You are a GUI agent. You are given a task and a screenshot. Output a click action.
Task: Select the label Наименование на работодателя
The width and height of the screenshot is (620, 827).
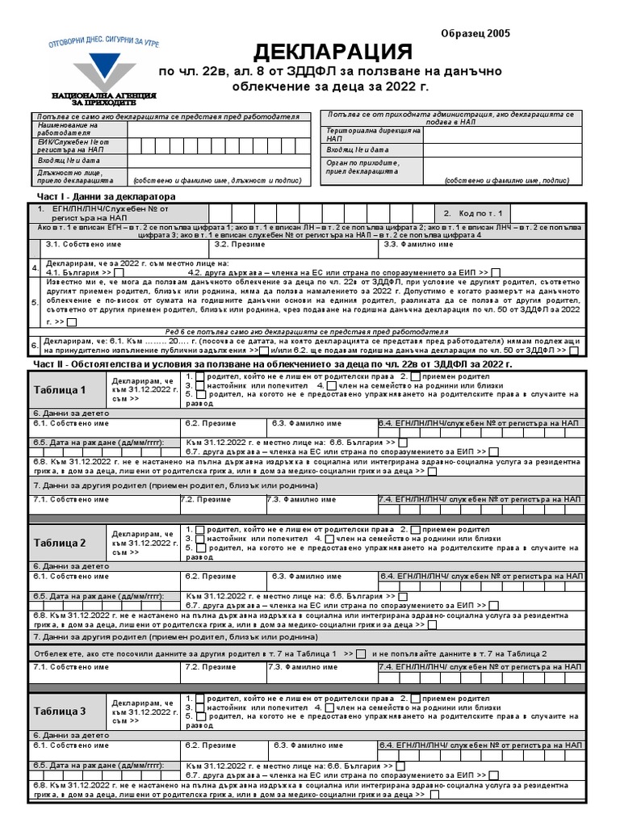(x=67, y=129)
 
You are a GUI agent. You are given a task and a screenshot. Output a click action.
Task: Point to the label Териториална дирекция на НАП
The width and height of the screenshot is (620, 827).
(x=372, y=134)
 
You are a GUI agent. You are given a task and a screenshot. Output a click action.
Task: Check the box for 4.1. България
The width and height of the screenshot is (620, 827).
(x=119, y=273)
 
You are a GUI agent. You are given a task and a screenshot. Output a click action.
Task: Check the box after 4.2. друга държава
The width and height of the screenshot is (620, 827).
(x=496, y=273)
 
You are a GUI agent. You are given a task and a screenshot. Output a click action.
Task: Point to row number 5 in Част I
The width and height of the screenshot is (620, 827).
(x=35, y=302)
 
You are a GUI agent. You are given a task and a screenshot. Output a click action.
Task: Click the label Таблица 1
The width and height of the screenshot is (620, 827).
(x=60, y=390)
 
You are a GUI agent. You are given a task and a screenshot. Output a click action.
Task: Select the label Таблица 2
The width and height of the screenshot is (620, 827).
(x=60, y=543)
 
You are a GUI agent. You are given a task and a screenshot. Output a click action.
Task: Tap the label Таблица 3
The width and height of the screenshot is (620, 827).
(x=60, y=711)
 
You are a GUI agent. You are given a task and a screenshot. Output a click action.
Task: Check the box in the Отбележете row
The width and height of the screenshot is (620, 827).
(x=361, y=653)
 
